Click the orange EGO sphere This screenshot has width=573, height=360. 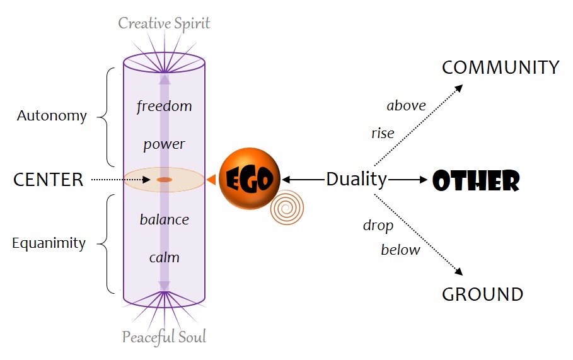click(x=249, y=180)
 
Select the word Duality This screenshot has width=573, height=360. click(x=356, y=180)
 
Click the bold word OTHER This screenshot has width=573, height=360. click(x=476, y=181)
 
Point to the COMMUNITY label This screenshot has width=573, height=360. click(x=501, y=68)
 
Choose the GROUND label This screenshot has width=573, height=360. click(x=482, y=294)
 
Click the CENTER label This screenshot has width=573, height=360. click(x=49, y=180)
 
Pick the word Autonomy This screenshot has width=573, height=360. click(x=52, y=116)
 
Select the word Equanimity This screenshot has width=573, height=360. click(x=49, y=243)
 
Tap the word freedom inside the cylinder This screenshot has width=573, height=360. click(x=164, y=106)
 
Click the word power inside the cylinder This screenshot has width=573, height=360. click(x=164, y=144)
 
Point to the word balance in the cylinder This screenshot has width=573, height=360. click(x=164, y=219)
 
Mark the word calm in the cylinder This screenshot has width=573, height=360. click(x=164, y=257)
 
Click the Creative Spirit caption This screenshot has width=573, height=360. click(x=164, y=24)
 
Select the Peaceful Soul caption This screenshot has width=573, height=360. click(x=164, y=337)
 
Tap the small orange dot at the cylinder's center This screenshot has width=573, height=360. click(x=164, y=180)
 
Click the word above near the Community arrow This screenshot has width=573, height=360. click(x=406, y=106)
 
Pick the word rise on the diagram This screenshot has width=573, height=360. click(x=383, y=133)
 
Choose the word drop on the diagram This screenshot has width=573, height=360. click(x=378, y=225)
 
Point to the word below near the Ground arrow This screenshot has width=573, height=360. click(x=400, y=250)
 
